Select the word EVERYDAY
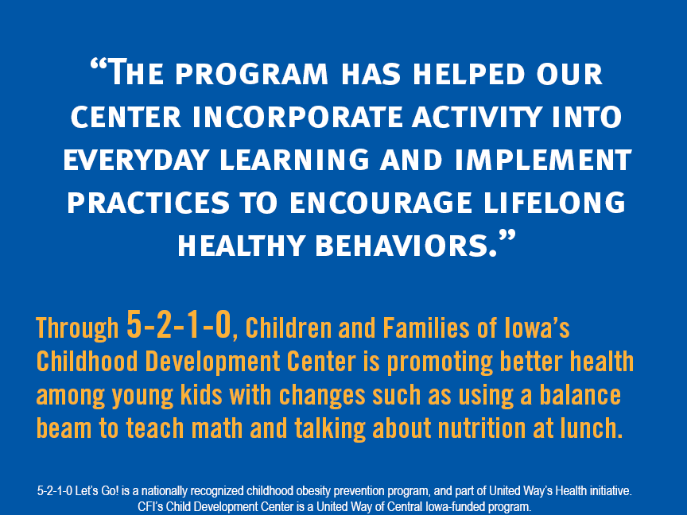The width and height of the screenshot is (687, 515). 136,160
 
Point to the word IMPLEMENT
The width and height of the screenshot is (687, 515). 543,160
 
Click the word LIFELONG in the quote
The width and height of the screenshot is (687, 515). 555,203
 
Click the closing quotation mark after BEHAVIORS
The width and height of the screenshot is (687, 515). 507,238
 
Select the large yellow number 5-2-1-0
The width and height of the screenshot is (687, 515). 178,324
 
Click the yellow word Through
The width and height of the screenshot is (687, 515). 77,327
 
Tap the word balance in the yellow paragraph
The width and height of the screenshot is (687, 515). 580,394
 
